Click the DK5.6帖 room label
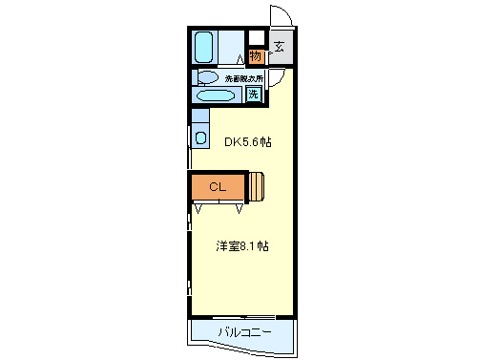click(x=247, y=142)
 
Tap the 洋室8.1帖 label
click(x=240, y=245)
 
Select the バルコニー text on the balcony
click(x=243, y=331)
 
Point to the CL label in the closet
click(x=218, y=187)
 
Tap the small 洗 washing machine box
click(x=253, y=94)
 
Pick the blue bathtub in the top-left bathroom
click(x=204, y=46)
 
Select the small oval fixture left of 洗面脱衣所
click(x=207, y=77)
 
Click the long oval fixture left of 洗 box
click(x=218, y=95)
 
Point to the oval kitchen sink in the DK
click(x=200, y=138)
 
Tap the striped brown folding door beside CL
click(x=257, y=186)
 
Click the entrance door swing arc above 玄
click(x=281, y=17)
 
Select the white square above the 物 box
click(x=255, y=38)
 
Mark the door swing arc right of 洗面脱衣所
click(x=275, y=79)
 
